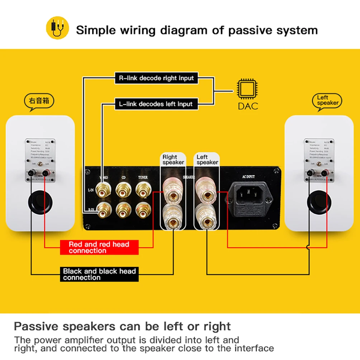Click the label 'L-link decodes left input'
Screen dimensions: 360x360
point(156,104)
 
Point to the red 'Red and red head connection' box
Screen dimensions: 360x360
point(99,247)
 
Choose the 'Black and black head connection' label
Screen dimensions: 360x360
point(99,274)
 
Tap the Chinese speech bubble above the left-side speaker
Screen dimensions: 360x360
point(39,101)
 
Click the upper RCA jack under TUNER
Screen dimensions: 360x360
point(143,189)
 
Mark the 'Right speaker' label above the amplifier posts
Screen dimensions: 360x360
point(173,160)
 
